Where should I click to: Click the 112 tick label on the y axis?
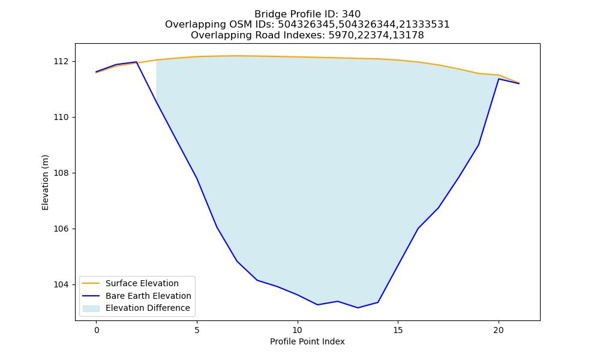click(x=61, y=62)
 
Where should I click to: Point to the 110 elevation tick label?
click(x=61, y=118)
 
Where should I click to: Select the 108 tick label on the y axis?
click(x=61, y=173)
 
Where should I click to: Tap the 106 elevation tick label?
click(x=61, y=229)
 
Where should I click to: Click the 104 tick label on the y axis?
click(x=61, y=284)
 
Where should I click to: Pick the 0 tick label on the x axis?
click(x=97, y=330)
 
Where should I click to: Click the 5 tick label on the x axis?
click(x=197, y=330)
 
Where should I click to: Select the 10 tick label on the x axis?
click(x=298, y=330)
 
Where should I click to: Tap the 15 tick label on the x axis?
click(x=398, y=330)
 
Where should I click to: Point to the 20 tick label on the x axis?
click(x=498, y=330)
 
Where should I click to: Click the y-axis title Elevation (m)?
click(x=45, y=182)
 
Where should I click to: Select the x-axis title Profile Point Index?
click(x=307, y=341)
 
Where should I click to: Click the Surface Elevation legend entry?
click(x=142, y=283)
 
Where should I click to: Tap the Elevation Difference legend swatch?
click(x=91, y=308)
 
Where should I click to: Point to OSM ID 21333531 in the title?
click(x=424, y=25)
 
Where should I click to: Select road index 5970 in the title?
click(x=341, y=35)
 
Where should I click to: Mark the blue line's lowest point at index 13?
click(x=358, y=308)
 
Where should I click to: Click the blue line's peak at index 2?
click(x=136, y=62)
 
